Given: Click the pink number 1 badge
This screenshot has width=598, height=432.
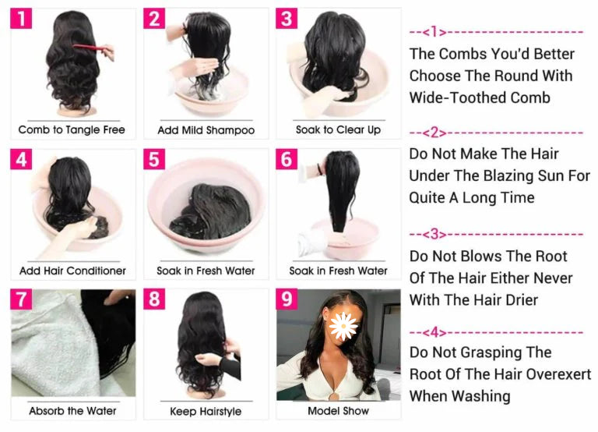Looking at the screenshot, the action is (x=21, y=19).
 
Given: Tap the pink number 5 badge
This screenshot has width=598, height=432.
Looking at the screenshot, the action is (x=154, y=159).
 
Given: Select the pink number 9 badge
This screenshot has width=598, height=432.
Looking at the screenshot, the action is (x=287, y=299).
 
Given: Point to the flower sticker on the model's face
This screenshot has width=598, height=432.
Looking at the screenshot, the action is (x=343, y=326).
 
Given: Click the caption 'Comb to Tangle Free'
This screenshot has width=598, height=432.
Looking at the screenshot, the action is (x=72, y=130).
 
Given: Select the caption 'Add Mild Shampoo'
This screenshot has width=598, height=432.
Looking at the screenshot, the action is (x=206, y=130).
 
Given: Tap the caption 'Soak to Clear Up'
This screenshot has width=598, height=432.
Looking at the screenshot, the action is (x=338, y=130).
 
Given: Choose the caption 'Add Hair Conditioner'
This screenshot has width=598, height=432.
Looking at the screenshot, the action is (x=72, y=271).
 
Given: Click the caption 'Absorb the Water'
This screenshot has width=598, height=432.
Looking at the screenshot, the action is (x=72, y=411).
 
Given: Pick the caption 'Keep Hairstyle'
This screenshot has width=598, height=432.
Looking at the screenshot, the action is (x=206, y=412).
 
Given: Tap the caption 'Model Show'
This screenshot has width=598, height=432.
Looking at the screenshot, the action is (x=338, y=411).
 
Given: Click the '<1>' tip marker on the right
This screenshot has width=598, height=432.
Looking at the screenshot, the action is (x=433, y=32).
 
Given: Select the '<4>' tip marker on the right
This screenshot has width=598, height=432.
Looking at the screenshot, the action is (x=434, y=333).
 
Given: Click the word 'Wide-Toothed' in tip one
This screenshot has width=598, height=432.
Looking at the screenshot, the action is (x=457, y=97).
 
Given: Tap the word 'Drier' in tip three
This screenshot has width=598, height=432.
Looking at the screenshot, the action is (x=522, y=300).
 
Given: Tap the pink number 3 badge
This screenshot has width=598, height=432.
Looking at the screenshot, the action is (x=287, y=19).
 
